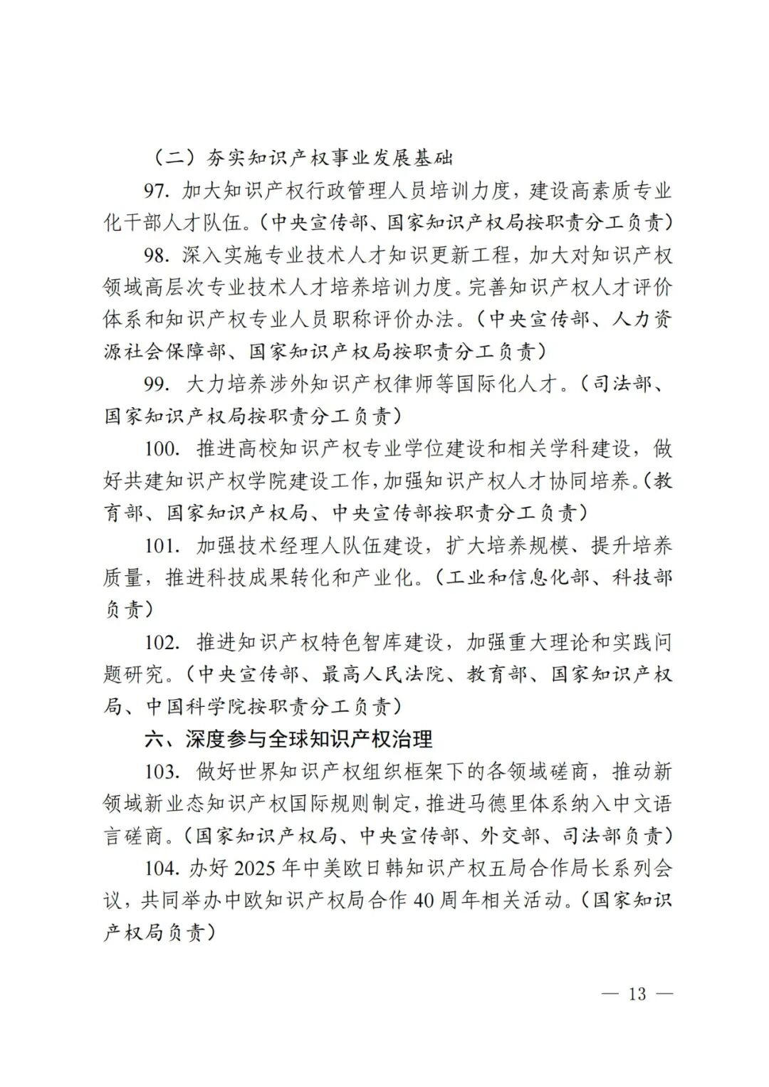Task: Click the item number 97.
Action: coord(156,191)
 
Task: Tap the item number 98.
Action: coord(156,256)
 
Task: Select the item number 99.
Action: coord(156,384)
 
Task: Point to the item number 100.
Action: coord(159,449)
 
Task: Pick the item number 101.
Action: coord(159,546)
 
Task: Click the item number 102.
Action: coord(159,643)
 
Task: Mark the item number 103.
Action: coord(159,772)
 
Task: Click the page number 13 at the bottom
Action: coord(637,994)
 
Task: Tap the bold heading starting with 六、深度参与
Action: coord(288,739)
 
